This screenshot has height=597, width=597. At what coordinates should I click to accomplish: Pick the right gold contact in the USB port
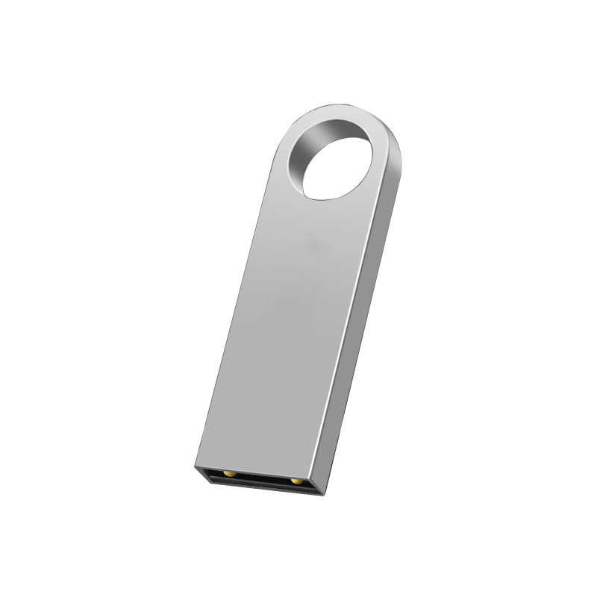pos(296,481)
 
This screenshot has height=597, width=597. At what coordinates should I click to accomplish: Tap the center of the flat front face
pos(291,313)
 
